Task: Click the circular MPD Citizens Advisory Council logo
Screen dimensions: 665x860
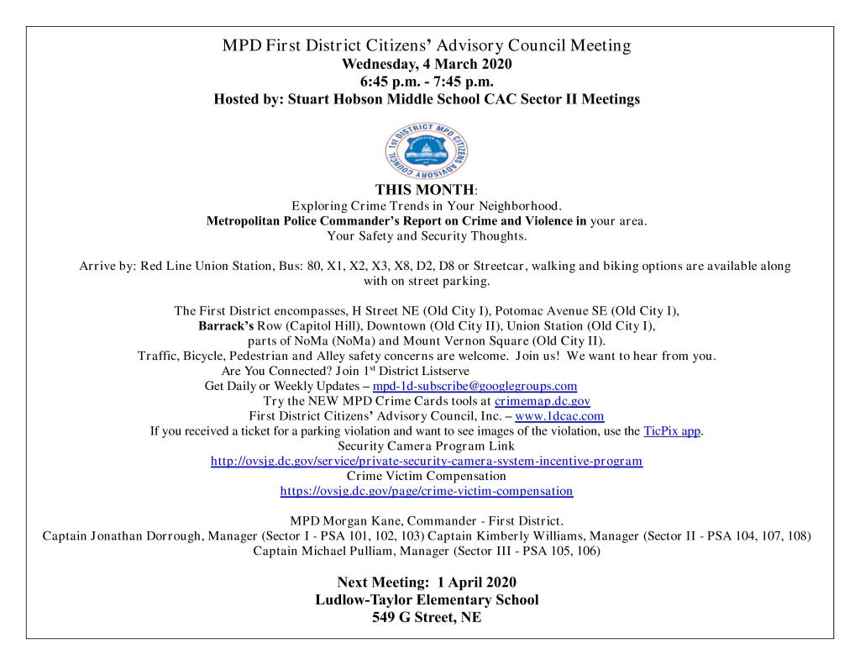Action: [429, 150]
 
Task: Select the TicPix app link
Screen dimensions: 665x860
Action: [672, 431]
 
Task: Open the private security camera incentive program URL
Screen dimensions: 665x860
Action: [426, 462]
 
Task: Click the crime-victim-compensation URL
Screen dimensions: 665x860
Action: [426, 491]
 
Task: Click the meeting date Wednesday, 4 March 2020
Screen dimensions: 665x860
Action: [429, 65]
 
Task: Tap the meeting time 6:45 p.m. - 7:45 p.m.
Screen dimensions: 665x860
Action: [429, 82]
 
